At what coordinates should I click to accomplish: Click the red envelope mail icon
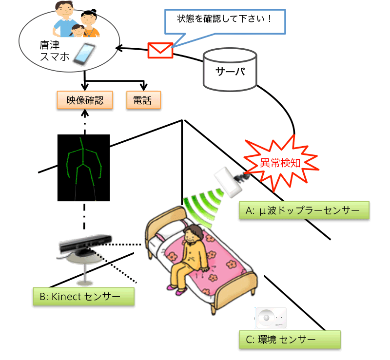point(160,50)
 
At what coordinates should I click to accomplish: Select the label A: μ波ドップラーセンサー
point(304,210)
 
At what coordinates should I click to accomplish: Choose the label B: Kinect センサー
point(83,296)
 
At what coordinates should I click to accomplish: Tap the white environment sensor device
point(270,318)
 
